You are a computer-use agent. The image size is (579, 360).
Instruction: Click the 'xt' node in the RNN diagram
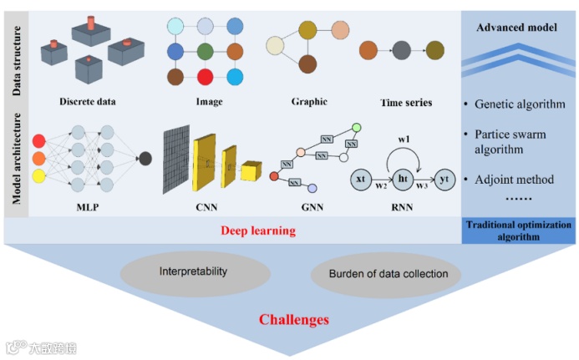pos(360,180)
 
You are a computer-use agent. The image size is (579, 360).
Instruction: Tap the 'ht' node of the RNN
pos(401,180)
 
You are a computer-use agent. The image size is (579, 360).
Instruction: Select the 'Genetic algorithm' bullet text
pos(519,105)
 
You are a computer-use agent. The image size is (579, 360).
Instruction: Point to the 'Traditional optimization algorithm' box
pos(518,231)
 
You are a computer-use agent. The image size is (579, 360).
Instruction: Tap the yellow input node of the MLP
pos(38,176)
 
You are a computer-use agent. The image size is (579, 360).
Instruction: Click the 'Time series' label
pos(406,103)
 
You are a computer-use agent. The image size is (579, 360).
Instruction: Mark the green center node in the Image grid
pos(206,52)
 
